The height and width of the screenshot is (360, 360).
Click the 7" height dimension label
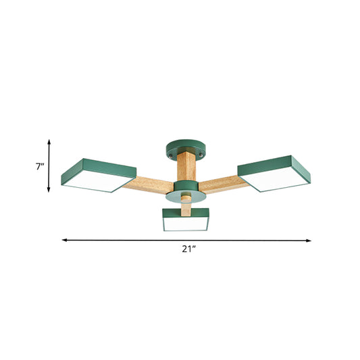39,165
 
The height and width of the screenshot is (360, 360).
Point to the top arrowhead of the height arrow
49,140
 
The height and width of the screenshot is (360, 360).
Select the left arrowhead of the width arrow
65,239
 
